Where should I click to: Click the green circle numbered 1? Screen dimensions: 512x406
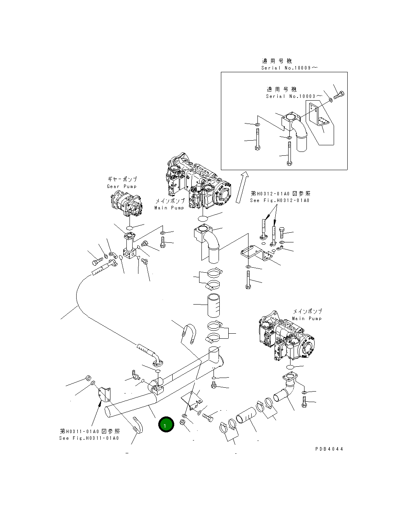[166, 425]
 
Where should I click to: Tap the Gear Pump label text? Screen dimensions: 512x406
[122, 186]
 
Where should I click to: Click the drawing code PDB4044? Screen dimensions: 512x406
[329, 449]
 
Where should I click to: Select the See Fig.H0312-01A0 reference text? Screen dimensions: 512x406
[280, 200]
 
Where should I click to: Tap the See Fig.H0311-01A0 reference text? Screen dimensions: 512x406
[89, 438]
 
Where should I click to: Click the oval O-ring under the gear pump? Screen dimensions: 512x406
[130, 227]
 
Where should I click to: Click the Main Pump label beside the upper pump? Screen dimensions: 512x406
[169, 208]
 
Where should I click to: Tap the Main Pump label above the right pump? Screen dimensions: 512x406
[307, 318]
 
